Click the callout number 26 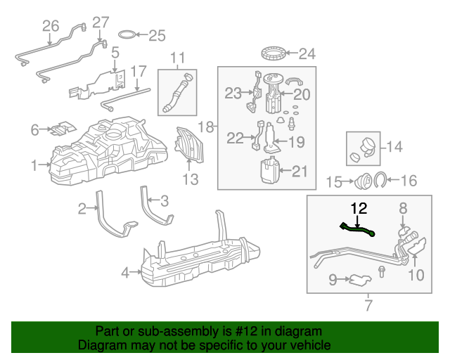[x=51, y=26]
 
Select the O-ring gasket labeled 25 [x=127, y=34]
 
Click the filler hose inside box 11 [x=178, y=92]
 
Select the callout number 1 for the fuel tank [x=34, y=165]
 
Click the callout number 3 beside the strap [x=165, y=201]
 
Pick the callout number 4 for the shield [x=125, y=272]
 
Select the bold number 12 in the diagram [x=359, y=208]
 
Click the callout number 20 [x=301, y=94]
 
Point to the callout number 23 [x=233, y=92]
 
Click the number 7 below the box [x=368, y=305]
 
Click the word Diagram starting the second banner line [x=101, y=346]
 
